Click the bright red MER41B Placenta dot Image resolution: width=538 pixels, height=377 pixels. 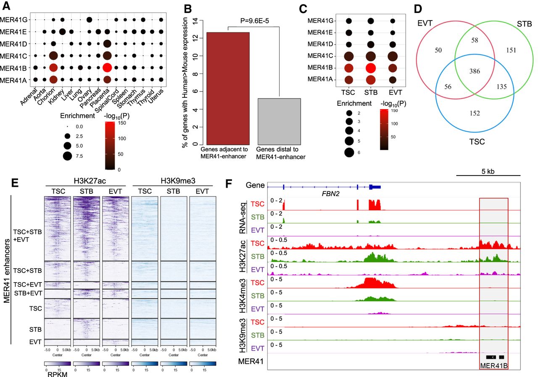(107, 67)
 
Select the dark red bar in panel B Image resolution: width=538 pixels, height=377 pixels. (228, 88)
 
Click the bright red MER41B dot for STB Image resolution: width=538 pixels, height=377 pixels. (370, 68)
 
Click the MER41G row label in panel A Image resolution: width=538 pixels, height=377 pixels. (14, 20)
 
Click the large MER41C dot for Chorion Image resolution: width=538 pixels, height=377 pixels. (53, 55)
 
